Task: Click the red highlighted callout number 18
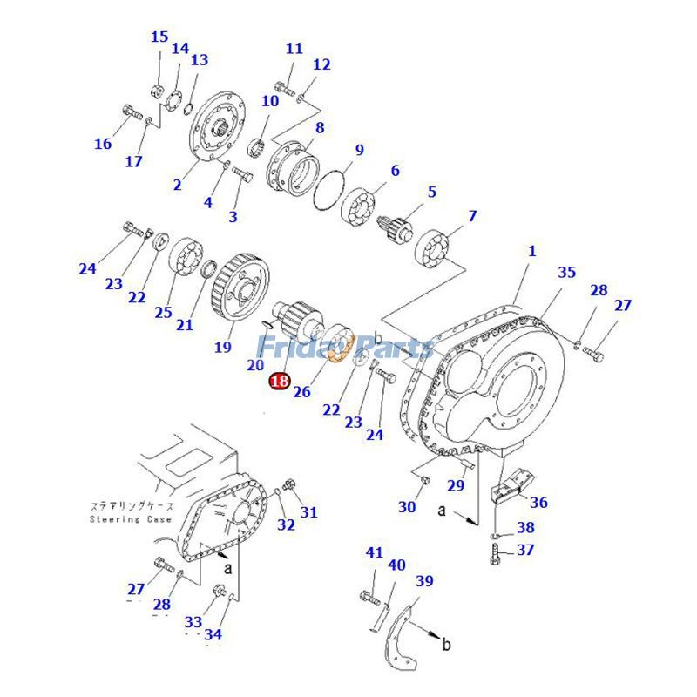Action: coord(280,381)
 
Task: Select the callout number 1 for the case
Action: coord(531,251)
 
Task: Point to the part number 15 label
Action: coord(159,37)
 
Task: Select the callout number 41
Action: coord(374,552)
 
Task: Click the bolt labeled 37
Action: coord(496,552)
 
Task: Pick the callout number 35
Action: coord(566,273)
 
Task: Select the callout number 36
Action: coord(538,502)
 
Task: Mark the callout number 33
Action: coord(193,622)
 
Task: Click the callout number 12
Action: coord(321,64)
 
